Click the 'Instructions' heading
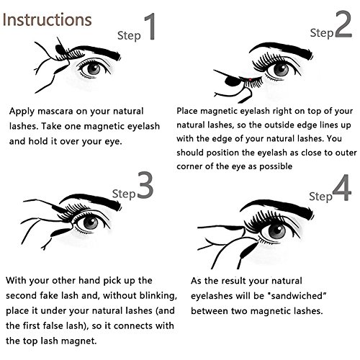[x=47, y=19]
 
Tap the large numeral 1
[x=150, y=27]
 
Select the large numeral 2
[x=343, y=24]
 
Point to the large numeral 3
[x=145, y=185]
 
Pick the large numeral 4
[x=342, y=188]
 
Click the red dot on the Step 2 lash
[x=250, y=80]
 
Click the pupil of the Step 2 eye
[x=281, y=70]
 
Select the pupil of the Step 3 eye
[x=91, y=223]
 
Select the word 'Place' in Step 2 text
[x=187, y=111]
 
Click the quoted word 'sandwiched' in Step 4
[x=297, y=296]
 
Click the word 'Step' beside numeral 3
[x=124, y=194]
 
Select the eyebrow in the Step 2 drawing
[x=281, y=49]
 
